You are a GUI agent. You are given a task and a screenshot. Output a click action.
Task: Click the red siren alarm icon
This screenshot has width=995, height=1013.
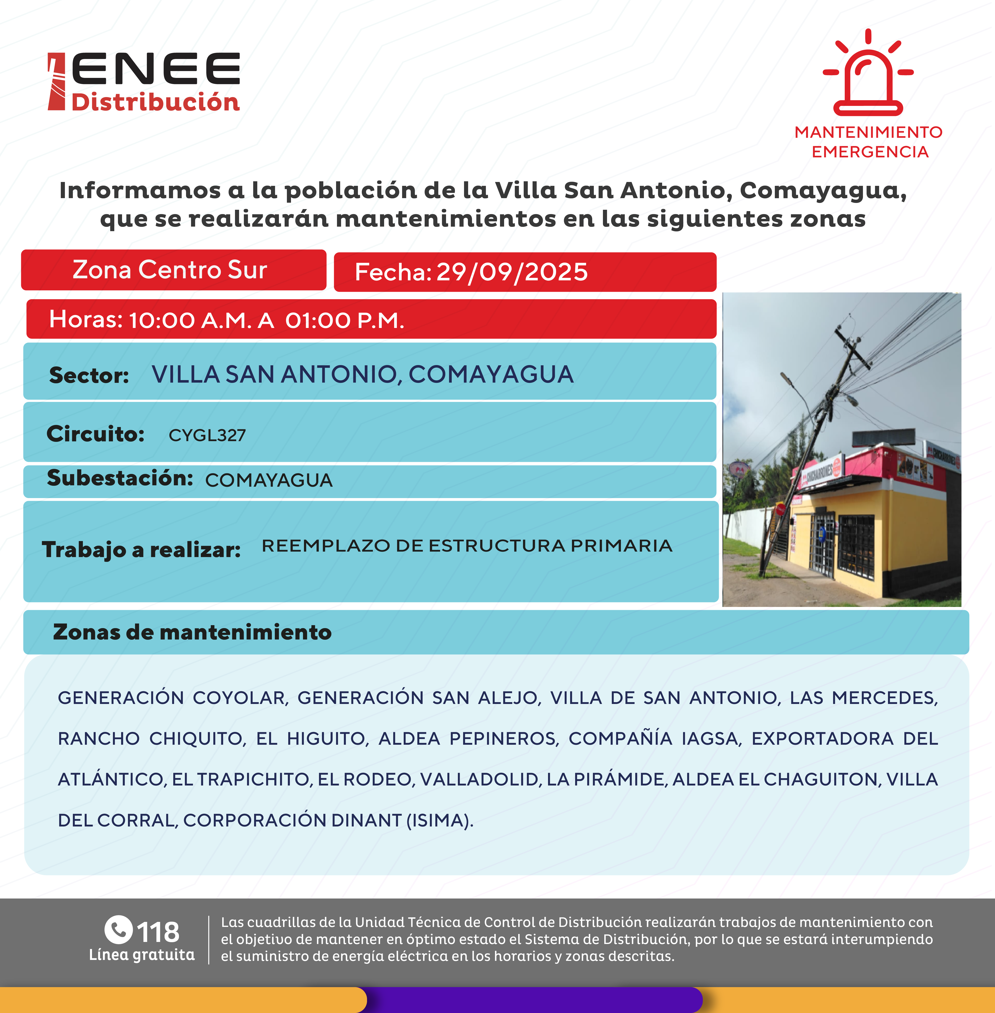[x=868, y=73]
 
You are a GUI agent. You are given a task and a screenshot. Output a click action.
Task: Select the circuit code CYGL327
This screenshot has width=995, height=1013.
[x=207, y=435]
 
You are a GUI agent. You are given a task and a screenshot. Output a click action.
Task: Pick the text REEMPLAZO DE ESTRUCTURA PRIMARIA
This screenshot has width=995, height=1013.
[x=467, y=546]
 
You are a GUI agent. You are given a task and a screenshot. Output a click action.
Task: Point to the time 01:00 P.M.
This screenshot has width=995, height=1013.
[x=344, y=320]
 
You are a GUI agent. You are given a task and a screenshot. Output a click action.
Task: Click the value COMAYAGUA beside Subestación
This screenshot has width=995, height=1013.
[x=269, y=480]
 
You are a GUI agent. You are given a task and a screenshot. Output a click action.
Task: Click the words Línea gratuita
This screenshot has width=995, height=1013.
[x=142, y=955]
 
